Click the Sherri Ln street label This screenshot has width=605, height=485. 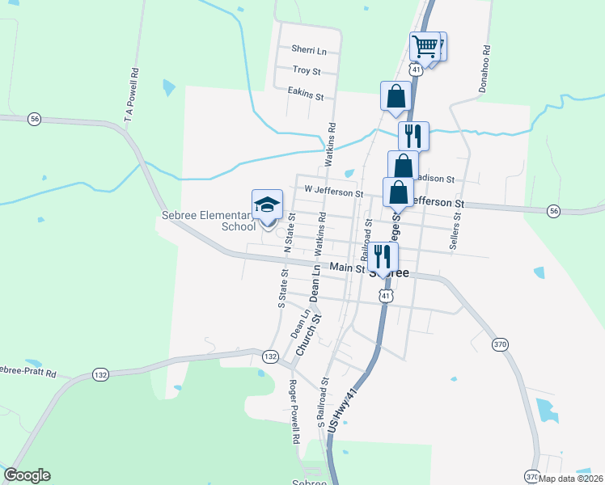pyautogui.click(x=309, y=51)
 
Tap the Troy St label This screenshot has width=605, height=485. pyautogui.click(x=307, y=71)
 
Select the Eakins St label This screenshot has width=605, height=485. pyautogui.click(x=305, y=95)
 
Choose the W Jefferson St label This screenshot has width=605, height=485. pyautogui.click(x=334, y=192)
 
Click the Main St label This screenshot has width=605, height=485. pyautogui.click(x=345, y=268)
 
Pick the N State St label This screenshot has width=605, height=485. pyautogui.click(x=288, y=232)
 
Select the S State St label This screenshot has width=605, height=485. pyautogui.click(x=282, y=289)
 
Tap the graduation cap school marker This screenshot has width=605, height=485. pyautogui.click(x=267, y=205)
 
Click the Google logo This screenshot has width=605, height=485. pyautogui.click(x=27, y=475)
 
